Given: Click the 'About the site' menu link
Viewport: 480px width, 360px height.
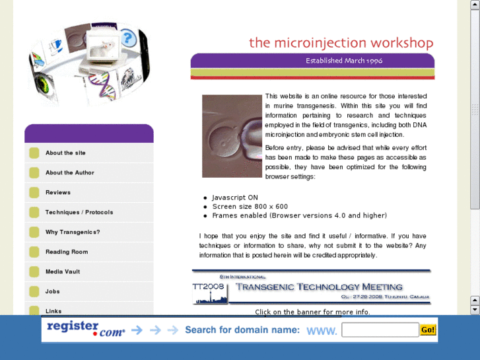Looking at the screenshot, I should (65, 153).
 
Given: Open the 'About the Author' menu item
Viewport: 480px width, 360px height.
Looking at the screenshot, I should (69, 172).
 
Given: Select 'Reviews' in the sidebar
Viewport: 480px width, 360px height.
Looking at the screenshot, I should (57, 192).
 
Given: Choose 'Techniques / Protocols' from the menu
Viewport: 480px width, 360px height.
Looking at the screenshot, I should (79, 212).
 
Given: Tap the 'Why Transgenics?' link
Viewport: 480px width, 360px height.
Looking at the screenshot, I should (73, 232).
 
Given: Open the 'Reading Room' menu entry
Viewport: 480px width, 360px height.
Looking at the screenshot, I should (66, 252).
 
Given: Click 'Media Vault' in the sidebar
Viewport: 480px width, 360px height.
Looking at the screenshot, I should (63, 271).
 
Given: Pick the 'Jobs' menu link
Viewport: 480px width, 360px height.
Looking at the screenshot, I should (53, 291).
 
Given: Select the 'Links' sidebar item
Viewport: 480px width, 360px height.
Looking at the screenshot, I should (53, 310).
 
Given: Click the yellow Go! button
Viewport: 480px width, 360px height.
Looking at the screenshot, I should (428, 330).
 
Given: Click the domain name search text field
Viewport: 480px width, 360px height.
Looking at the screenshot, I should (380, 330).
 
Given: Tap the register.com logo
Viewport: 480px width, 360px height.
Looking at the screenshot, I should (85, 328).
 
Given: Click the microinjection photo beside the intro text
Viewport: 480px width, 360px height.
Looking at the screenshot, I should (232, 136).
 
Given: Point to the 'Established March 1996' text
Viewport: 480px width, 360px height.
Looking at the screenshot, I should (344, 61).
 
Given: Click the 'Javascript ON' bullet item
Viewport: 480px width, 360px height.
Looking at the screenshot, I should (235, 198).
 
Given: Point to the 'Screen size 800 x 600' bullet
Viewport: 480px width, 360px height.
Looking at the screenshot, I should (250, 207).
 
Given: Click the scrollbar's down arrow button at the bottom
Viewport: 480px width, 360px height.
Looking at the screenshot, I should (474, 309).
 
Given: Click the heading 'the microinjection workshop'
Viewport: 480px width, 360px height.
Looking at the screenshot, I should (341, 43).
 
